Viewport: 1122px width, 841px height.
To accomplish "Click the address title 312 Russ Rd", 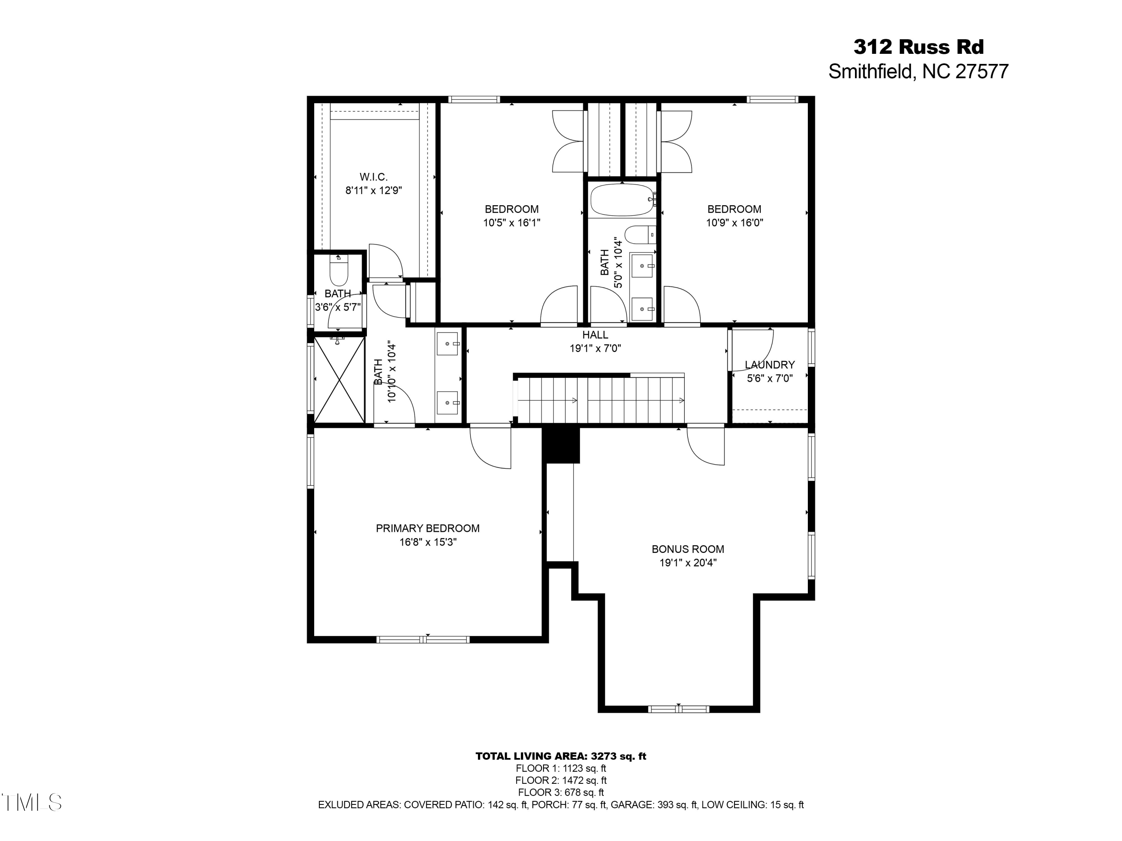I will point(918,47).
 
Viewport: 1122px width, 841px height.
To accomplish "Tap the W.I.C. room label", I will point(374,177).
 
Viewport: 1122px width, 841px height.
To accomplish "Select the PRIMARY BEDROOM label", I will point(427,528).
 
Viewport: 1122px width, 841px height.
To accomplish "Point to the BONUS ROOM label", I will point(688,549).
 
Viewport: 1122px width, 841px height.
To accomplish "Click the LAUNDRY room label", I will point(769,364).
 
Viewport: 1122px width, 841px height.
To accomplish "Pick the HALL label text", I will point(595,335).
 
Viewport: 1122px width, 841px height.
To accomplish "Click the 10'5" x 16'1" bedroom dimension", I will point(511,222).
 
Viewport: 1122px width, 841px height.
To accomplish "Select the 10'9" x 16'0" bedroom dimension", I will point(735,222).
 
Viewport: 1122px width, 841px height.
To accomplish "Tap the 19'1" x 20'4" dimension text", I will point(688,563).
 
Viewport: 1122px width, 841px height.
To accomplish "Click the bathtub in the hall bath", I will point(622,200).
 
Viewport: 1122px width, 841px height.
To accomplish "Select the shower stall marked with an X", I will point(339,380).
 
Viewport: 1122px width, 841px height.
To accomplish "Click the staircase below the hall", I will point(600,400).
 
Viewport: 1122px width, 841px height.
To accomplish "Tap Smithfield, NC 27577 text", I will point(918,71).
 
